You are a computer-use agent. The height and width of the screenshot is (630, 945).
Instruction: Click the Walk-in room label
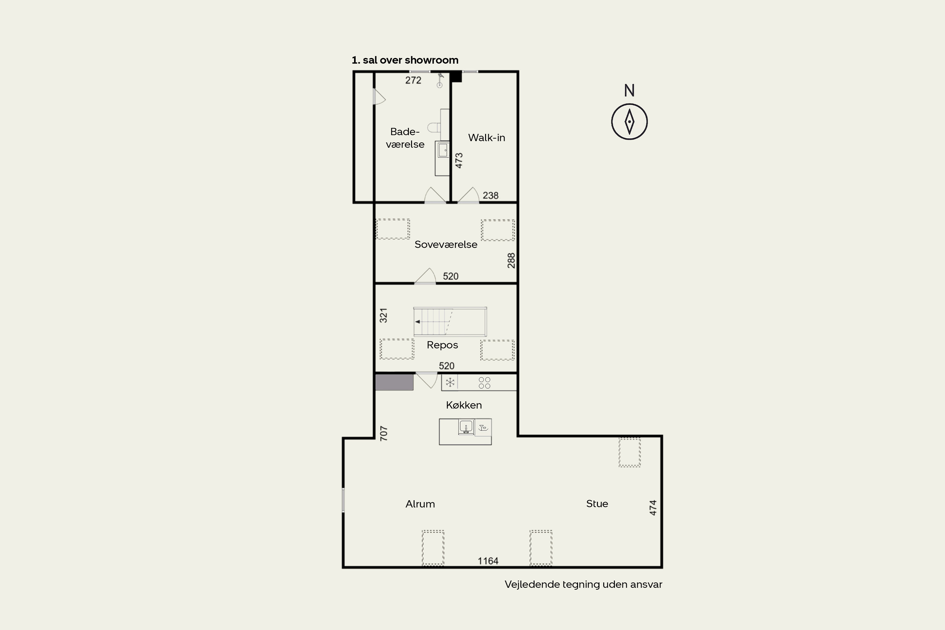pyautogui.click(x=487, y=138)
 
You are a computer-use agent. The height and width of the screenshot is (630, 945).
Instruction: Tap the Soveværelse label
pyautogui.click(x=446, y=244)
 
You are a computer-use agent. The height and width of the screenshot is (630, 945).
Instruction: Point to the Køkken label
pyautogui.click(x=464, y=405)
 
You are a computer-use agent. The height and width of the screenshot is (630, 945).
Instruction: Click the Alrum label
pyautogui.click(x=420, y=504)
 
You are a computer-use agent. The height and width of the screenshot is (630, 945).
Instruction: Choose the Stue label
pyautogui.click(x=597, y=503)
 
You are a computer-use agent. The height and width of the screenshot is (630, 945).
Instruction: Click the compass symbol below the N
pyautogui.click(x=629, y=121)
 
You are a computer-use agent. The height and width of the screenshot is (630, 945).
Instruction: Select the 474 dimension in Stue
pyautogui.click(x=653, y=508)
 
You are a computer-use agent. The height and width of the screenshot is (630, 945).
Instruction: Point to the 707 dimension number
pyautogui.click(x=384, y=433)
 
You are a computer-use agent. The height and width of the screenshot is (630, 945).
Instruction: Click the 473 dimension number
pyautogui.click(x=459, y=160)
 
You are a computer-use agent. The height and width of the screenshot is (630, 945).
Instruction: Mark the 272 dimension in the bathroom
pyautogui.click(x=413, y=80)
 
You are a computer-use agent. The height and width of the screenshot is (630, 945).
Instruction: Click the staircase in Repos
pyautogui.click(x=450, y=321)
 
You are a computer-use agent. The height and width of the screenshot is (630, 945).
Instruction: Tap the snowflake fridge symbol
pyautogui.click(x=450, y=382)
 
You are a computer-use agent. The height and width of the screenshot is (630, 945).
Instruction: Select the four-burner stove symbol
pyautogui.click(x=484, y=382)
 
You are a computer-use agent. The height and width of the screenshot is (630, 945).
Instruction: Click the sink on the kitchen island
pyautogui.click(x=466, y=427)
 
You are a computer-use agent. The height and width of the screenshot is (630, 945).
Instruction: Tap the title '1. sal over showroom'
pyautogui.click(x=405, y=60)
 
